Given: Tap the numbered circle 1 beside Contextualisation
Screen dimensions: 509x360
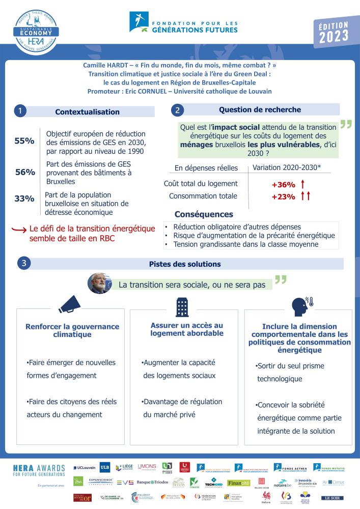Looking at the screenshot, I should pyautogui.click(x=19, y=111).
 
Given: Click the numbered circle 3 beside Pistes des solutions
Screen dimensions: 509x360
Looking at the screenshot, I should pyautogui.click(x=23, y=264).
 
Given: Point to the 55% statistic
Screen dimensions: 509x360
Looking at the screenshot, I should pyautogui.click(x=24, y=141).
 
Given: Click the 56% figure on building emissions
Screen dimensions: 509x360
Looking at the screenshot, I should pyautogui.click(x=25, y=172).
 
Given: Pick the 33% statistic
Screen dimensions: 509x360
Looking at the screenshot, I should pyautogui.click(x=24, y=199).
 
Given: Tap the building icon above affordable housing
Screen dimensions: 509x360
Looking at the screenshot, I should pyautogui.click(x=182, y=306).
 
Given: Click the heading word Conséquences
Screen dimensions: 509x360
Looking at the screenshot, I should pyautogui.click(x=204, y=215).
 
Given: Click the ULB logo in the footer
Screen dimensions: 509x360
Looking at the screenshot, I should pyautogui.click(x=104, y=467).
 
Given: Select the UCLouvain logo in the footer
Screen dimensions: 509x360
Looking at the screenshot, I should pyautogui.click(x=84, y=467).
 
